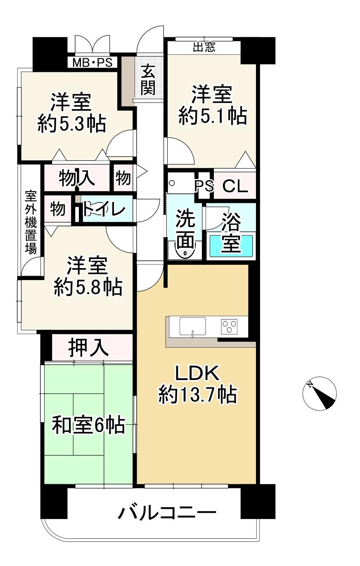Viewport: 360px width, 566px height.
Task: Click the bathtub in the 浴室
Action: click(231, 245)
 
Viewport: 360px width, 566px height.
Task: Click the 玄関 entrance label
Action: click(148, 79)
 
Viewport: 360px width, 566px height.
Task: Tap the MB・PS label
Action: click(92, 62)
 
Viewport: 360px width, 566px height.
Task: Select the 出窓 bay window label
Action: click(204, 47)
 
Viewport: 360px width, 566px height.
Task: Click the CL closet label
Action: click(235, 186)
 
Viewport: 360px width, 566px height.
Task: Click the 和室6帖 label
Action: click(88, 426)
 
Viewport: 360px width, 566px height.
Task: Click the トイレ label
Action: click(104, 209)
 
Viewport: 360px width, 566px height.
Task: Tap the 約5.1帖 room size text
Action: click(213, 116)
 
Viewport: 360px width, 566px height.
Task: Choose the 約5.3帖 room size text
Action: click(72, 124)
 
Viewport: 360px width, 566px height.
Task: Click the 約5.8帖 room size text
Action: click(88, 287)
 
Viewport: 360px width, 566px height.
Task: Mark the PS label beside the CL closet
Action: click(204, 186)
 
